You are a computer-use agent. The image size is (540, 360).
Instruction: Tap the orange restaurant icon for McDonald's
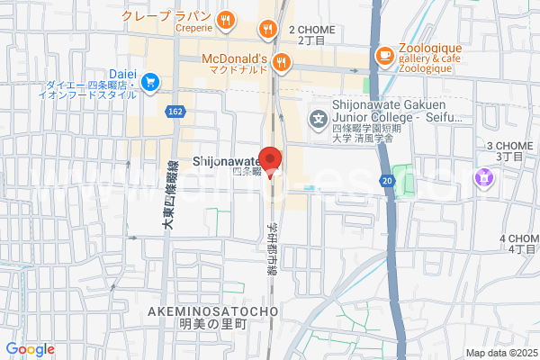pyautogui.click(x=283, y=62)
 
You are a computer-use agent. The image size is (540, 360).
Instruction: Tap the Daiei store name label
pyautogui.click(x=121, y=72)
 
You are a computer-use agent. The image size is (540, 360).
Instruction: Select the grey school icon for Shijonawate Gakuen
pyautogui.click(x=318, y=118)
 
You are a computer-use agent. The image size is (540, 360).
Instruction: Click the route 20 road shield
pyautogui.click(x=386, y=181)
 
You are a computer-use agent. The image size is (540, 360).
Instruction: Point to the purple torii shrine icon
pyautogui.click(x=486, y=177)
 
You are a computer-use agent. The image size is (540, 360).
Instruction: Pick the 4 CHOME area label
pyautogui.click(x=517, y=243)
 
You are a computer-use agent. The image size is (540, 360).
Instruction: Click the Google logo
pyautogui.click(x=30, y=349)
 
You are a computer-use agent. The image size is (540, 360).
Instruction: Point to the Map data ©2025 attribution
pyautogui.click(x=499, y=353)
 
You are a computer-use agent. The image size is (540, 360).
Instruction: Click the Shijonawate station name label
pyautogui.click(x=226, y=160)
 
